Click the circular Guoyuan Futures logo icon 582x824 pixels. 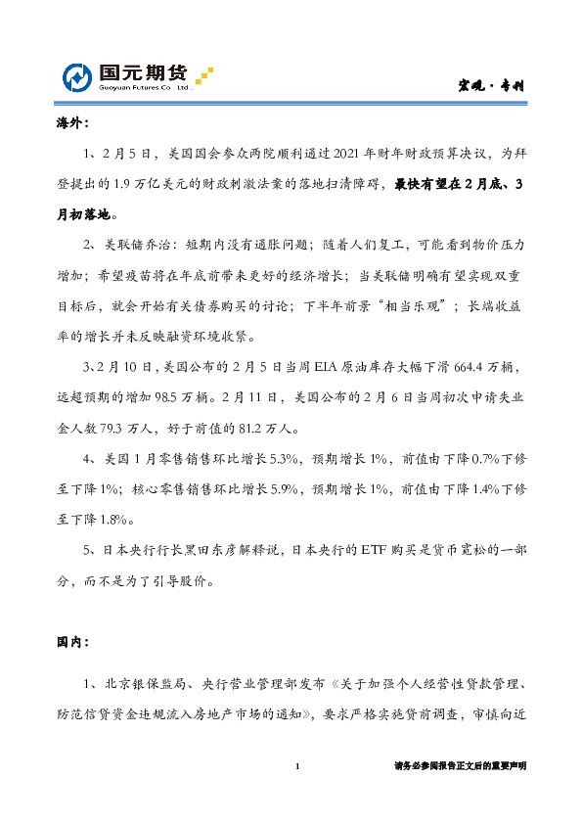(79, 77)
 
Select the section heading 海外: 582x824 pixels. (71, 125)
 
